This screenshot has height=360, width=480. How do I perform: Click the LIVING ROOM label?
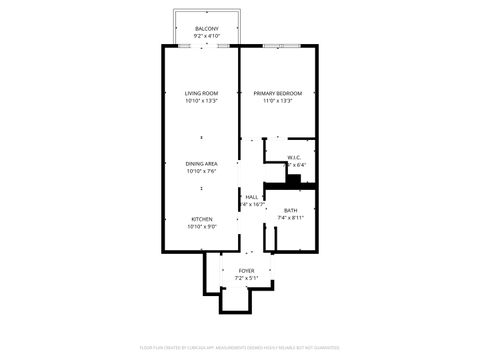point(201,93)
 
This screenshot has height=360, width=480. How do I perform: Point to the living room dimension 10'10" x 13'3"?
point(201,100)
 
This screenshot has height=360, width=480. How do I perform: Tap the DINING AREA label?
point(201,163)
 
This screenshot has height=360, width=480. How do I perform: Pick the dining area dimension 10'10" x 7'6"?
point(201,171)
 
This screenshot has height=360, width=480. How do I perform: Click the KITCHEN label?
point(201,219)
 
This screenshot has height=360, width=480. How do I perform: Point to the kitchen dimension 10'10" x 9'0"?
point(201,227)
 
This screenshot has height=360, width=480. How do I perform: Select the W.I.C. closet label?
point(295,157)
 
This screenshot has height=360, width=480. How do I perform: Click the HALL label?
point(252,197)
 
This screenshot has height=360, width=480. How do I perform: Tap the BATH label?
point(290,209)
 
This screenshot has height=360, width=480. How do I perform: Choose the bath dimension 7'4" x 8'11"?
point(290,217)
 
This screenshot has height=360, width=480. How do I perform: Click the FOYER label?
point(246,270)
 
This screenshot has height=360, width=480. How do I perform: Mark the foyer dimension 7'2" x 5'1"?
point(246,277)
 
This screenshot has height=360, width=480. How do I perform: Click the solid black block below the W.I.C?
point(294,179)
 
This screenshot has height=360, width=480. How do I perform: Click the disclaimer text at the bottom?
point(240,347)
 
